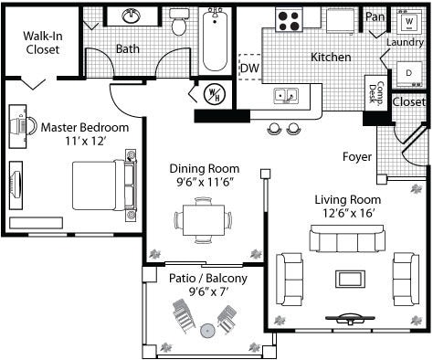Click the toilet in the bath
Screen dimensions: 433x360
click(179, 21)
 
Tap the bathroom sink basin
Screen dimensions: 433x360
click(132, 16)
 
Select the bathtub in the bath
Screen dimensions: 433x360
click(215, 39)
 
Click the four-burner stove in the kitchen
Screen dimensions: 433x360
click(289, 20)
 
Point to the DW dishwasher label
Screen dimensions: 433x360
click(249, 68)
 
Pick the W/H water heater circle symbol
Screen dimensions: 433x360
click(215, 93)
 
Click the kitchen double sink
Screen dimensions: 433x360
click(286, 96)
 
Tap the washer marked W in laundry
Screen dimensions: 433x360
click(410, 21)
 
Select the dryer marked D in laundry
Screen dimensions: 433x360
click(409, 74)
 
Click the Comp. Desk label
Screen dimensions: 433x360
click(376, 92)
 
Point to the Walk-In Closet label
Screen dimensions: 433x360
click(43, 43)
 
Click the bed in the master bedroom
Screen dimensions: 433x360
click(104, 185)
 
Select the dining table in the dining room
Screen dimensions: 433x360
click(204, 220)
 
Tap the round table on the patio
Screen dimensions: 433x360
click(208, 330)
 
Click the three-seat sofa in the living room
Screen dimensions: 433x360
click(347, 238)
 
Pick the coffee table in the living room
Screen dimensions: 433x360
click(350, 279)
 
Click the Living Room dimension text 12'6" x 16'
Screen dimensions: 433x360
click(348, 213)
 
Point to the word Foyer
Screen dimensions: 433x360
click(357, 157)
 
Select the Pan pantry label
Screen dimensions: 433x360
click(375, 16)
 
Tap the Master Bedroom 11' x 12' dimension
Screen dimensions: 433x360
click(86, 141)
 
